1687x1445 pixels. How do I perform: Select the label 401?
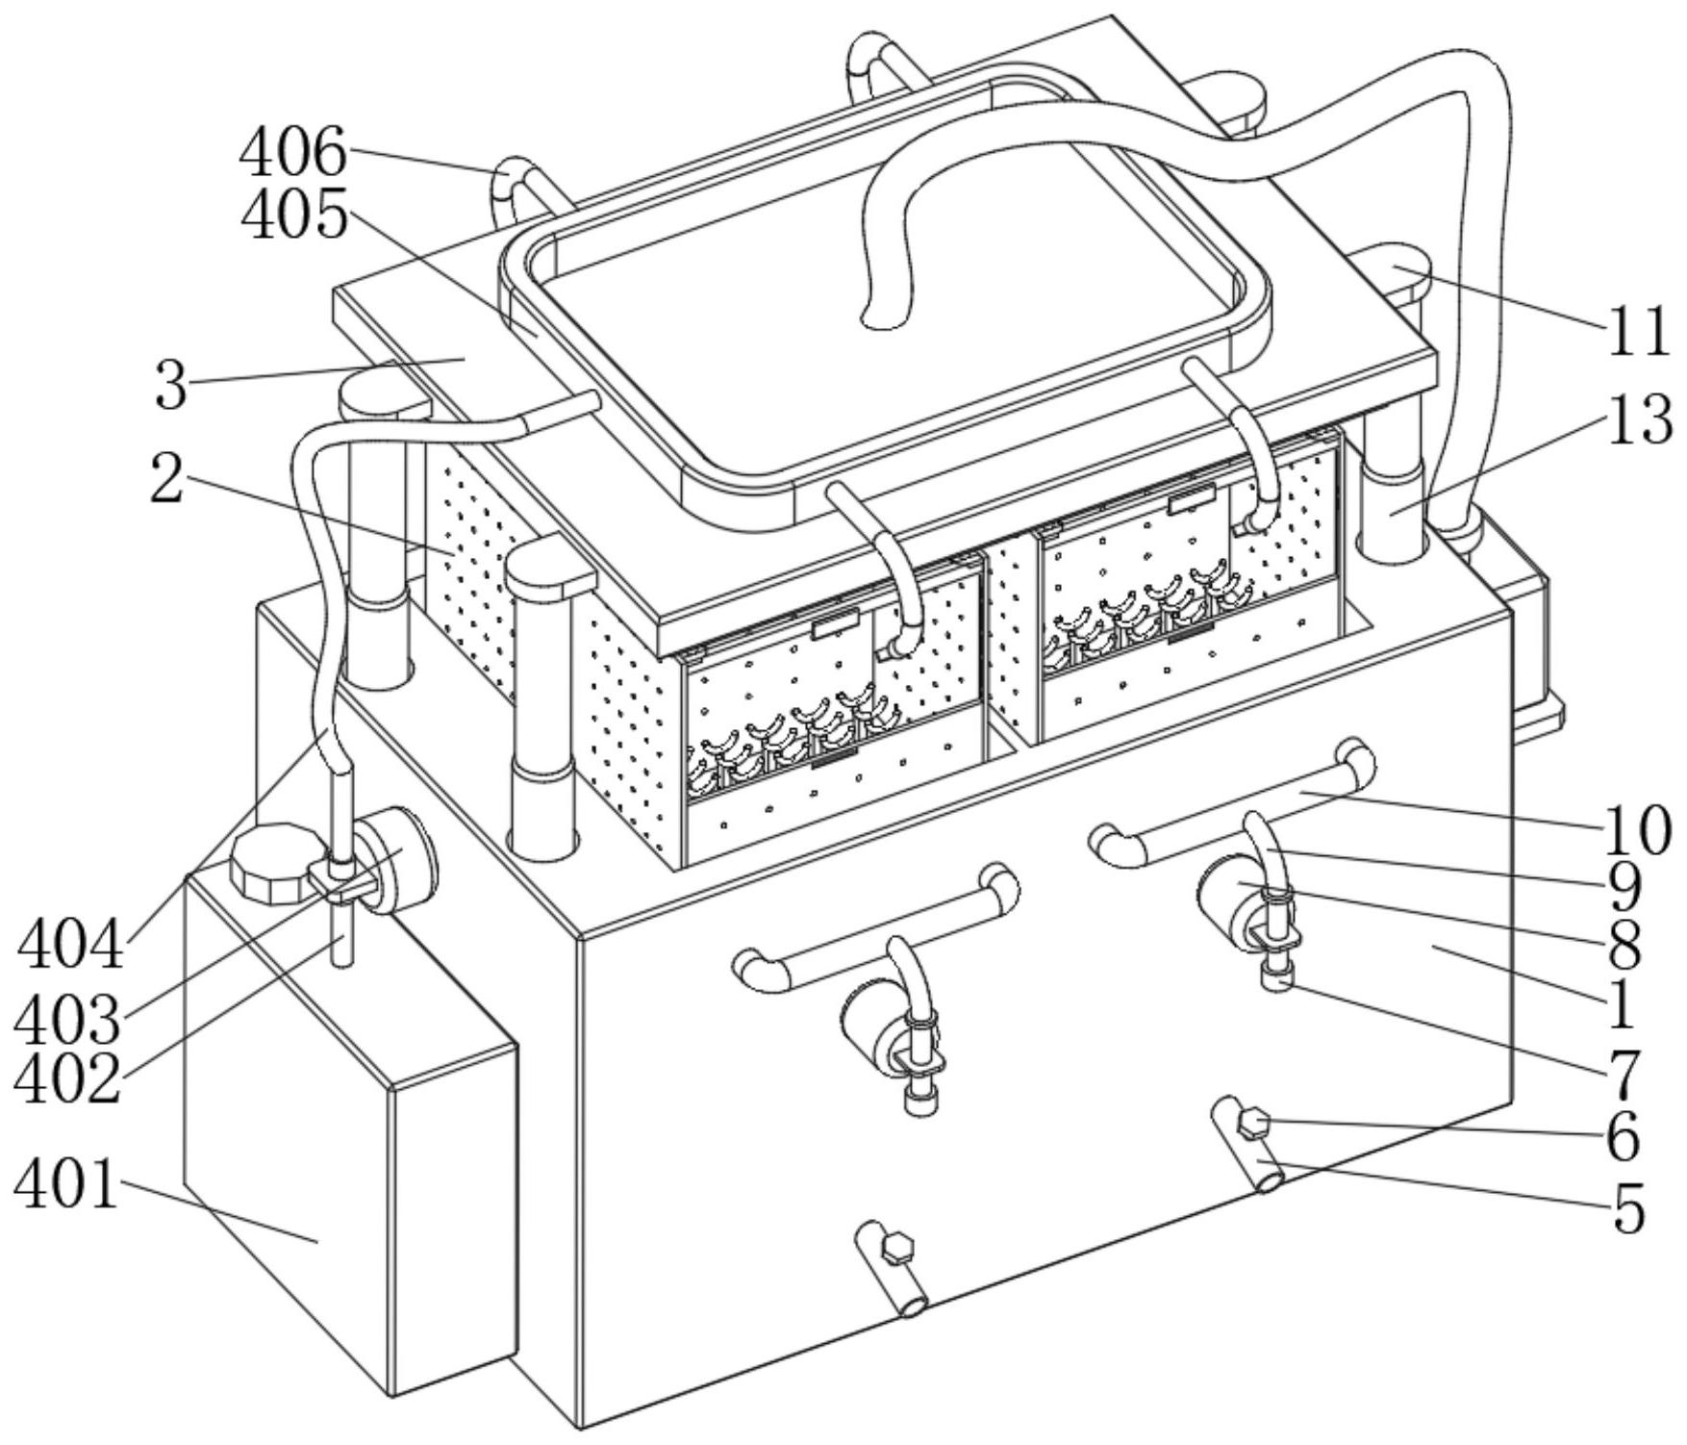66,1184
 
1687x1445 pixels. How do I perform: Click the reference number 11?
1638,330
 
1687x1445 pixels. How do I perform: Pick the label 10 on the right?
1638,829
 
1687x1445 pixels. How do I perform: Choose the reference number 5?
1628,1208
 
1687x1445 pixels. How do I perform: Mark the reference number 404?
70,943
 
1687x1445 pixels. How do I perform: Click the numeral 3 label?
171,385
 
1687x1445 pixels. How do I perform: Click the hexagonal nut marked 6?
1253,1123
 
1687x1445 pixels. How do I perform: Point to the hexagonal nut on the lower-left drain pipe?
896,1247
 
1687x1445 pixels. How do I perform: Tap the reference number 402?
66,1077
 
